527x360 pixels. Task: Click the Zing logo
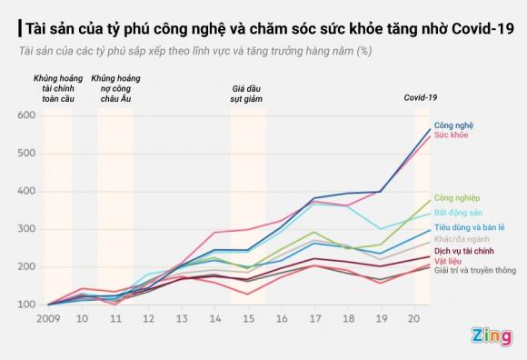pos(489,337)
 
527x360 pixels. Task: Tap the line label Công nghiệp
pos(457,196)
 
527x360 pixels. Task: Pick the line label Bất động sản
pos(457,211)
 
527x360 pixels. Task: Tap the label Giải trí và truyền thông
pos(475,270)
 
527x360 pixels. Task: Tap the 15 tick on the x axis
pos(248,320)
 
